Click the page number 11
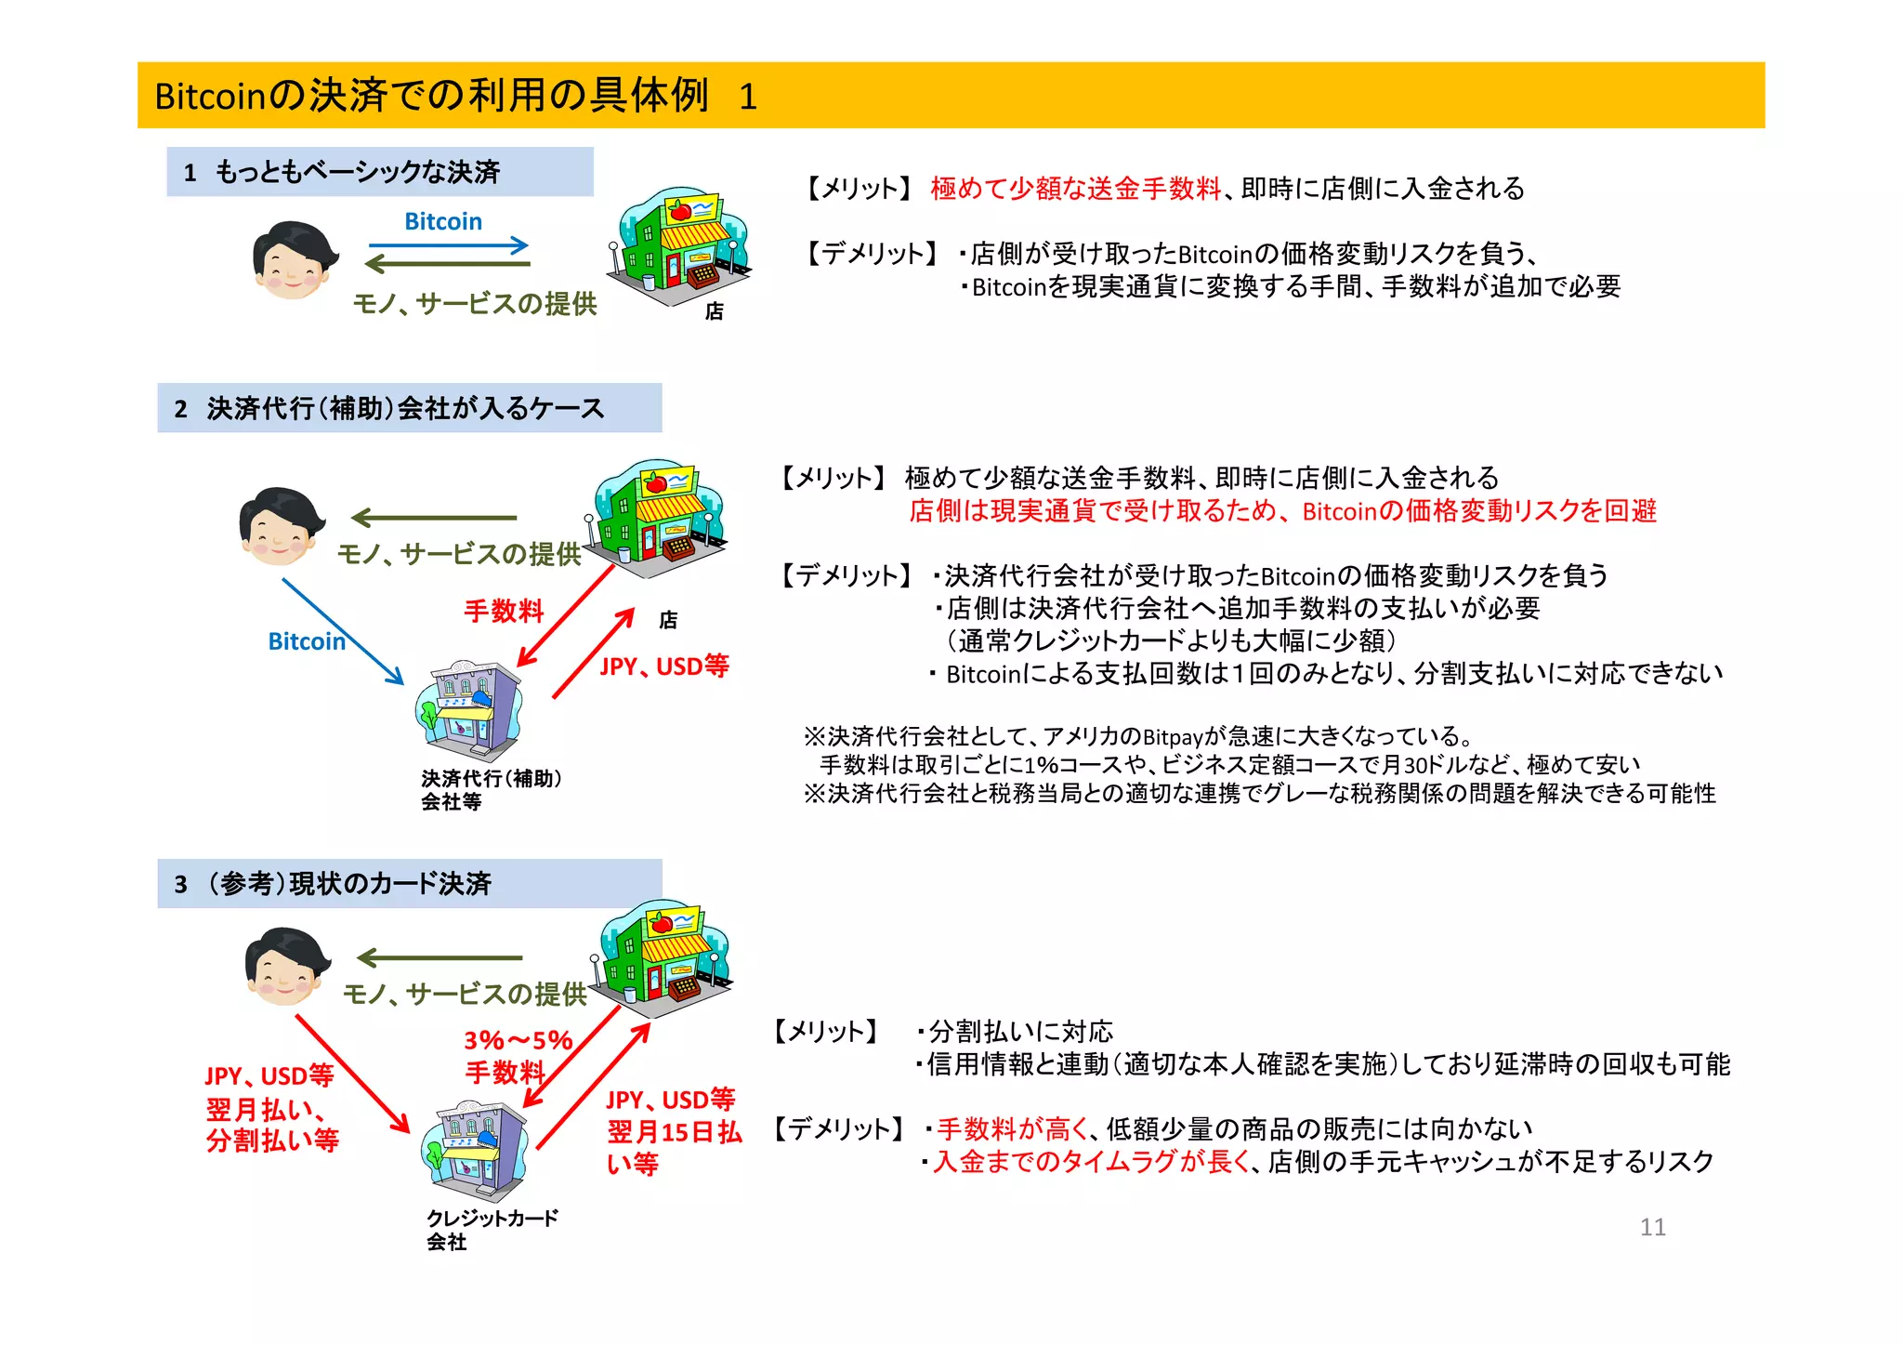(x=1652, y=1227)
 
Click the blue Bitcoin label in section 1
(x=443, y=222)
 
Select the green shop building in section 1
(x=678, y=245)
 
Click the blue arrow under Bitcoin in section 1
(x=448, y=246)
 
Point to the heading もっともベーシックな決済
(x=358, y=172)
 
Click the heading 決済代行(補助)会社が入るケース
(x=405, y=408)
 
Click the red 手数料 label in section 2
(x=504, y=612)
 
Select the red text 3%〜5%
(x=518, y=1040)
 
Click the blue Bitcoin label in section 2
(x=307, y=641)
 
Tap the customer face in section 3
(x=286, y=968)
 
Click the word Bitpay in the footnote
(x=1173, y=737)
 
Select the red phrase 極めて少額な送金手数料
(x=1075, y=189)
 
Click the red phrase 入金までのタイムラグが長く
(x=1092, y=1162)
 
